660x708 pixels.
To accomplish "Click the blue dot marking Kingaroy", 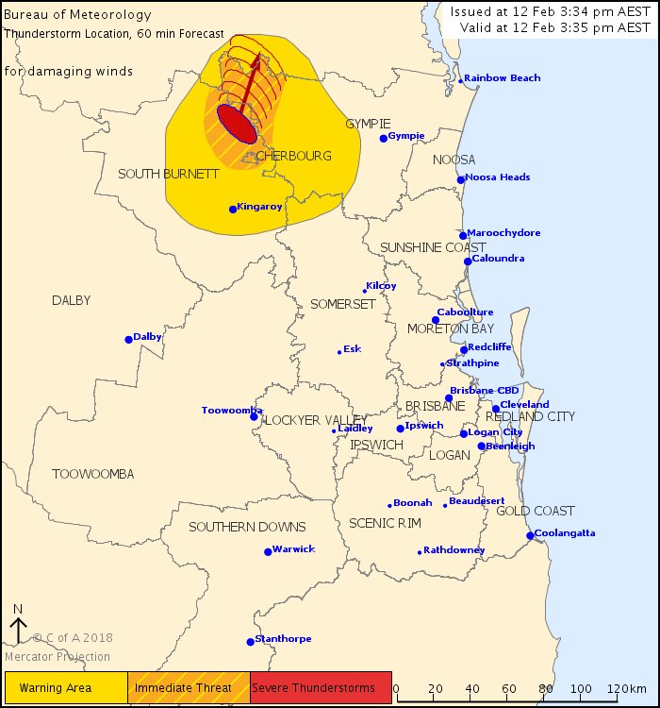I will (x=233, y=209).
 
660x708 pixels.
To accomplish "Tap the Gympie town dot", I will (x=384, y=138).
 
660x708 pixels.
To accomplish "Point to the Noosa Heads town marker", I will (x=461, y=179).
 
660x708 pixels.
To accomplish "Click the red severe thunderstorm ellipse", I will (x=237, y=124).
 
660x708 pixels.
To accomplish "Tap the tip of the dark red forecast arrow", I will (x=259, y=57).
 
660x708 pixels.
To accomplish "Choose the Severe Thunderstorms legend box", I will (x=321, y=687).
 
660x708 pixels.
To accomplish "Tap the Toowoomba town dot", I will (x=254, y=416).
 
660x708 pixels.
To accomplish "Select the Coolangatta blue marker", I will (x=530, y=535).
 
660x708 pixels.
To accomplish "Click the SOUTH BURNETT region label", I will (x=169, y=174).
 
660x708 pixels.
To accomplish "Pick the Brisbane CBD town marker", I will (x=450, y=397).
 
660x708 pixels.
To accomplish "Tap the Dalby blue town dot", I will (x=129, y=339).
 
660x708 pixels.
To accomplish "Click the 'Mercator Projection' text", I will (x=58, y=657).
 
